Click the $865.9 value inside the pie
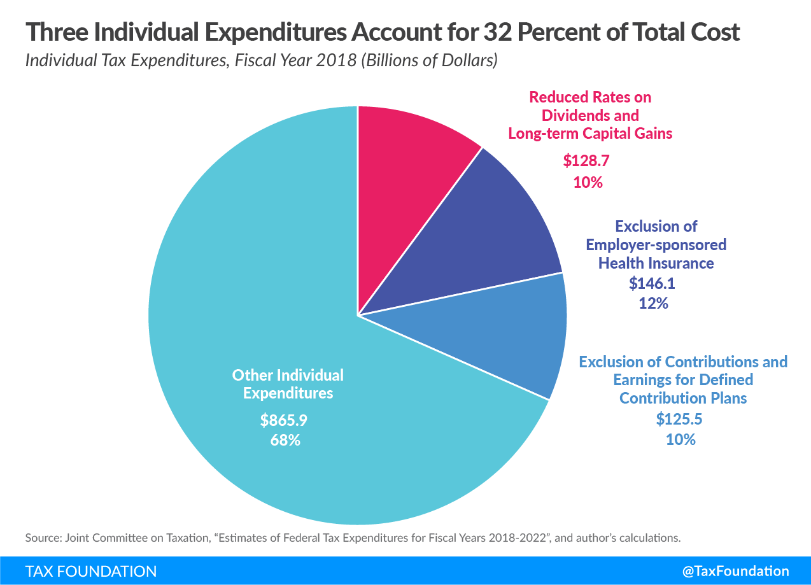tap(279, 420)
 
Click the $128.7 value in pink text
tap(586, 161)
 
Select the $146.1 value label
tap(652, 283)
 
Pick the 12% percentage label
tap(653, 303)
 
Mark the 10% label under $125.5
tap(681, 439)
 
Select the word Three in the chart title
tap(55, 32)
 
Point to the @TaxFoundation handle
tap(735, 571)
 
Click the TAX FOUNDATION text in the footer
tap(91, 571)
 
